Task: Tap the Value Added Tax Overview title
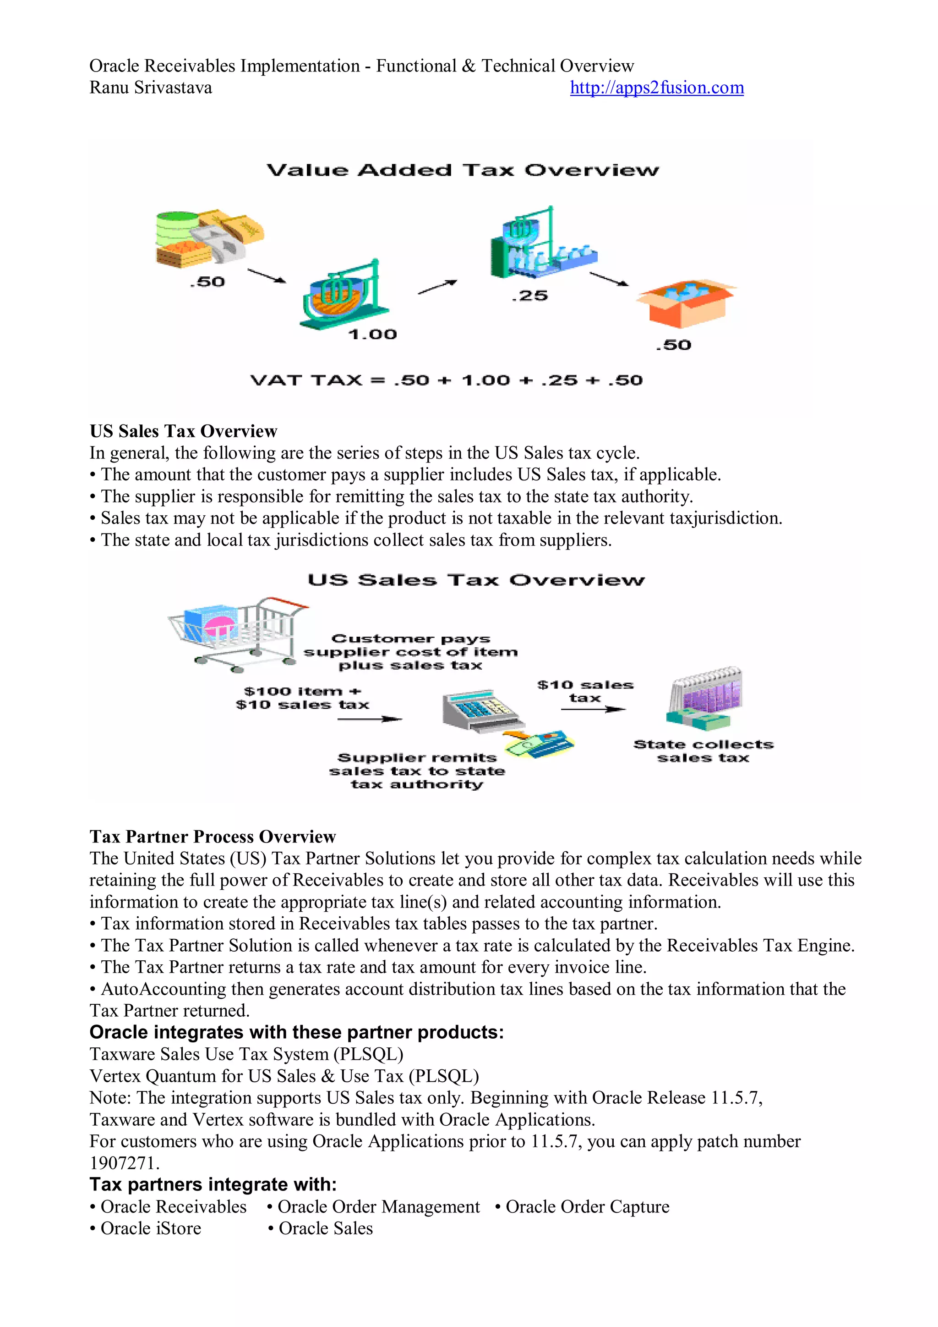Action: [x=463, y=170]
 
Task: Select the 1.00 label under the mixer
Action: [x=372, y=334]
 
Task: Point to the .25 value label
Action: [x=529, y=296]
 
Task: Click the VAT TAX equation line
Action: [x=446, y=380]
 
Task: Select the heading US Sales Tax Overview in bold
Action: [x=183, y=431]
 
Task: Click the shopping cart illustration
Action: [x=239, y=633]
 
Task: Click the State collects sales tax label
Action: [x=703, y=751]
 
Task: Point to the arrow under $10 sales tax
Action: [x=593, y=709]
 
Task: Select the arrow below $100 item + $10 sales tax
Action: [x=369, y=719]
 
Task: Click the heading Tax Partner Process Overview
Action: [x=213, y=837]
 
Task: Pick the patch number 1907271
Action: [x=124, y=1163]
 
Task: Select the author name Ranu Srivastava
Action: [x=151, y=88]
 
